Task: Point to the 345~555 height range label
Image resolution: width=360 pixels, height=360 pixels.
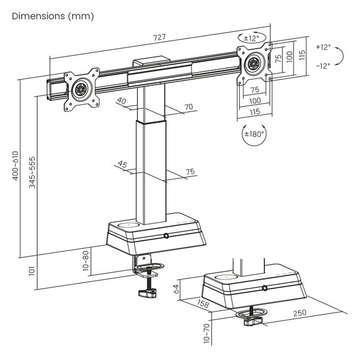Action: point(32,172)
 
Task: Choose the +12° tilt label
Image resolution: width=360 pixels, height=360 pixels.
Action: point(323,47)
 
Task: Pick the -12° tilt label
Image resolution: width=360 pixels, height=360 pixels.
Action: point(323,65)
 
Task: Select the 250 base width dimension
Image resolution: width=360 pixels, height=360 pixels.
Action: point(299,313)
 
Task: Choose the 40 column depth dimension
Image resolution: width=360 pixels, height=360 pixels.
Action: point(122,101)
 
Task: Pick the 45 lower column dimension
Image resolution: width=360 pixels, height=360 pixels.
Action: point(122,164)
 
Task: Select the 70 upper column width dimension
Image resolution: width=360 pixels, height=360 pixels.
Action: point(188,106)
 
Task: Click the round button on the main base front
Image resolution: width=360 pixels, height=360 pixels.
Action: point(166,236)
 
